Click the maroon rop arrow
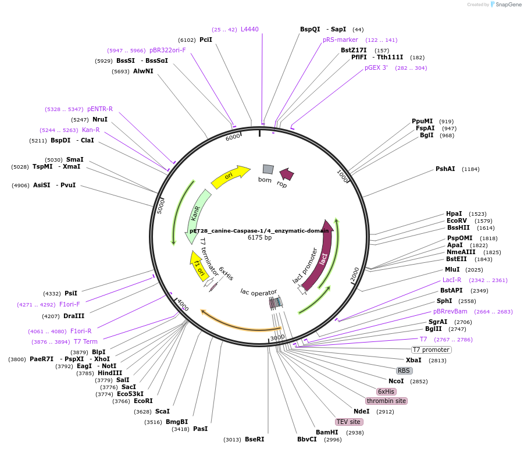coord(286,174)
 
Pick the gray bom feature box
coord(268,169)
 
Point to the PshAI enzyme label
coord(445,169)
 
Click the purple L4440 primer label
coord(249,29)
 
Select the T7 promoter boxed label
coord(431,350)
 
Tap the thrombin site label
coord(386,401)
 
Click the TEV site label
coord(349,422)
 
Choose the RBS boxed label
coord(404,370)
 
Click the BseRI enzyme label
coord(254,439)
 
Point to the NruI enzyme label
coord(100,119)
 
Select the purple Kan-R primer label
coord(91,130)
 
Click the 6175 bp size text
coord(259,237)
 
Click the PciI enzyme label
coord(206,40)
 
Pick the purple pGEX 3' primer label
coord(376,67)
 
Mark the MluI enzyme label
coord(452,269)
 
